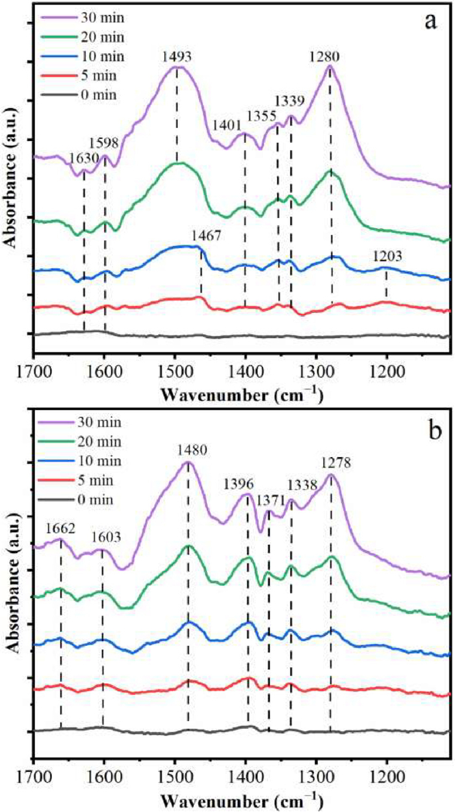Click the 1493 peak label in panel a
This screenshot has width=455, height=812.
(177, 57)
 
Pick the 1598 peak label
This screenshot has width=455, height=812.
(104, 141)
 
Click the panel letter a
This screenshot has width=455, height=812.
(429, 21)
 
